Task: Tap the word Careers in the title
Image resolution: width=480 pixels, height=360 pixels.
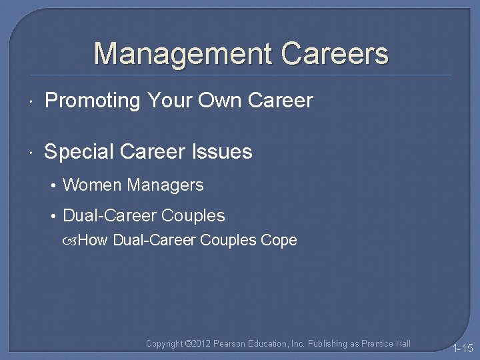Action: [335, 53]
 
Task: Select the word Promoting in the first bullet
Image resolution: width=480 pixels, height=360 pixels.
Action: [92, 101]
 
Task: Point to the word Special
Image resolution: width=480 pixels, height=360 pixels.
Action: [79, 152]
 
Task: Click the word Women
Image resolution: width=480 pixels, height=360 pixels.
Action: [91, 185]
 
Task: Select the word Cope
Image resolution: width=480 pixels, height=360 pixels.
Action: [279, 240]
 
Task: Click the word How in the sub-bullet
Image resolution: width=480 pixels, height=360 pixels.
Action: [93, 240]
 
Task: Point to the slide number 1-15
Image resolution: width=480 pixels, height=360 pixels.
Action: [463, 348]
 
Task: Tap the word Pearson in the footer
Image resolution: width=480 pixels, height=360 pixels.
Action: [230, 344]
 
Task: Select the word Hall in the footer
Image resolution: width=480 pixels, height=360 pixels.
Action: [403, 344]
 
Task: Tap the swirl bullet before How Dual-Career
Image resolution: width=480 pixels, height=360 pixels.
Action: [71, 241]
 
